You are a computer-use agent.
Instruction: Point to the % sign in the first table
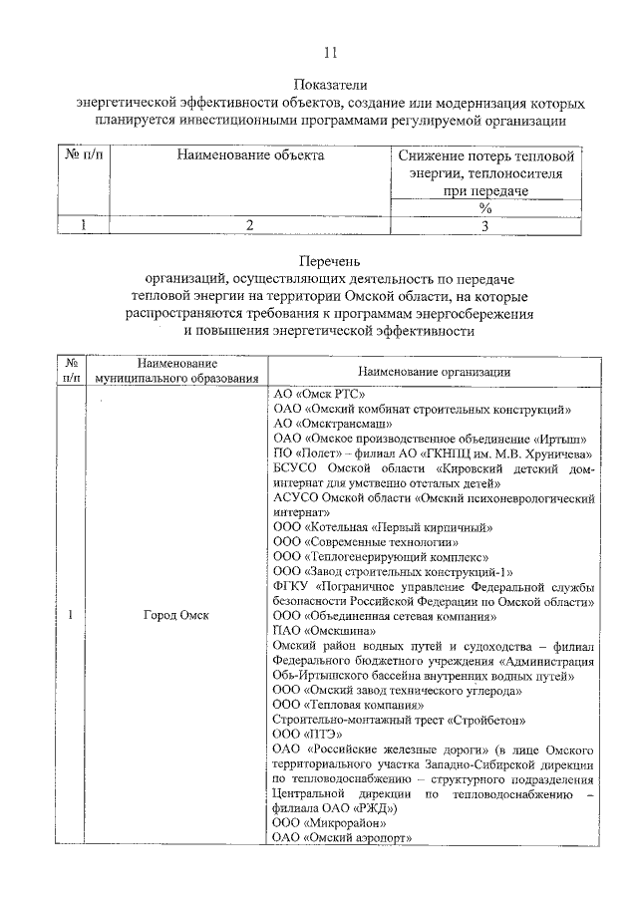pos(485,208)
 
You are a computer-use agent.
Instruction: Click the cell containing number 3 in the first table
pos(485,225)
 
